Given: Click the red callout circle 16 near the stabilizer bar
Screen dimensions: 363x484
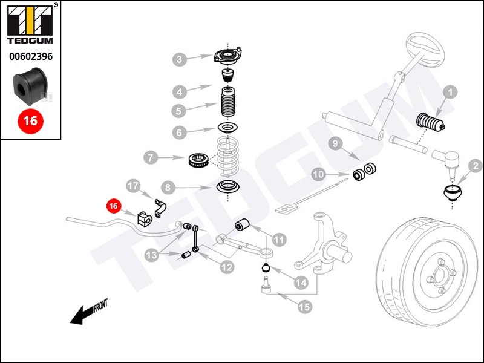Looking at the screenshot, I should pos(113,206).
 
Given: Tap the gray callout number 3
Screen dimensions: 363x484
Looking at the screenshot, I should pos(180,59).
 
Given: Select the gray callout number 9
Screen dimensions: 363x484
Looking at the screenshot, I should pos(336,143).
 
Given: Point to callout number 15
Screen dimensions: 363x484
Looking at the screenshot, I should pos(304,307).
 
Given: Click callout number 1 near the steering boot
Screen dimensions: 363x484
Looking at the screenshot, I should pos(450,93).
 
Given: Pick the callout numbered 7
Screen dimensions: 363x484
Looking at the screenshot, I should pos(151,159).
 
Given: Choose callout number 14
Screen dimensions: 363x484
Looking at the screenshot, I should pos(301,282).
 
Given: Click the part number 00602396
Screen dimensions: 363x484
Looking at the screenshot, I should pos(30,57).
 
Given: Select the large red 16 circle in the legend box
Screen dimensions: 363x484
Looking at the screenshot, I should pos(30,121).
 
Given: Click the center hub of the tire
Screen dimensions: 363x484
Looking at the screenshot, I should pos(440,278).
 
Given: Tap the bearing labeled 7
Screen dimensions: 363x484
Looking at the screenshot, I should pos(200,159).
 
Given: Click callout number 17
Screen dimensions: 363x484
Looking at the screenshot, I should pos(132,185).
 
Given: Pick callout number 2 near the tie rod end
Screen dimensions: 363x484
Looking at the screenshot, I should pos(476,165).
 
